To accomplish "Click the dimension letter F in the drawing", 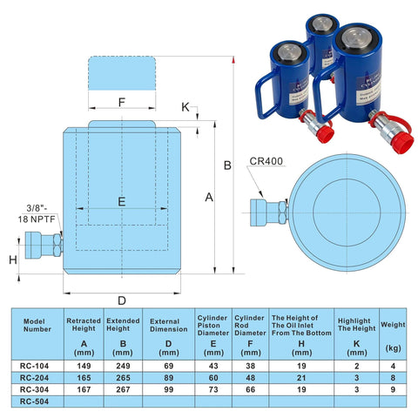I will (122, 103).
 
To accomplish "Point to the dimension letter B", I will (226, 165).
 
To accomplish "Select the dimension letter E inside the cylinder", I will (122, 201).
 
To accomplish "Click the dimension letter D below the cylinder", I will (122, 300).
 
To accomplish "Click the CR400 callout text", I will (265, 161).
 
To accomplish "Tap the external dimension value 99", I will (169, 391).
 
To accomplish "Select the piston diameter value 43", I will (212, 367).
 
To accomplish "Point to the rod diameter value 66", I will (250, 391).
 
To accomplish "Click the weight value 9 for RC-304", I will (393, 391).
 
